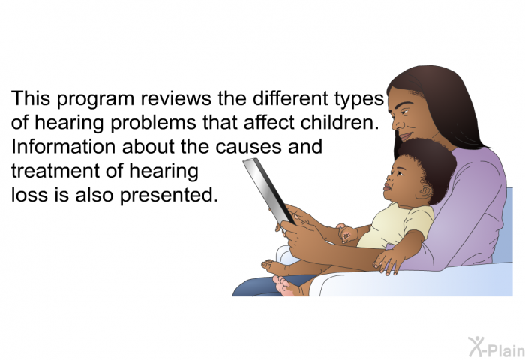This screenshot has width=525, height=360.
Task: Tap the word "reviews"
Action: point(175,98)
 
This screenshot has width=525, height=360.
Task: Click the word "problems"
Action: point(153,122)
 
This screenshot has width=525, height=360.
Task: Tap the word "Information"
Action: point(64,147)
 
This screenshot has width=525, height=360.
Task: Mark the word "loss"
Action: point(29,194)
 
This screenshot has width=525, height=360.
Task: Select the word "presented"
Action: point(169,196)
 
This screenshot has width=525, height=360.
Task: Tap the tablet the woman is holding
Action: point(268,191)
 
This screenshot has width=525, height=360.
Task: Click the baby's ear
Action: point(425,192)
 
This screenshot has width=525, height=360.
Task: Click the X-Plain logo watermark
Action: point(496,347)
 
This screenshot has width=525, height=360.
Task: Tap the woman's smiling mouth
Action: point(406,136)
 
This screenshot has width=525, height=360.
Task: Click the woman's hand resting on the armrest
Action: point(388,260)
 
